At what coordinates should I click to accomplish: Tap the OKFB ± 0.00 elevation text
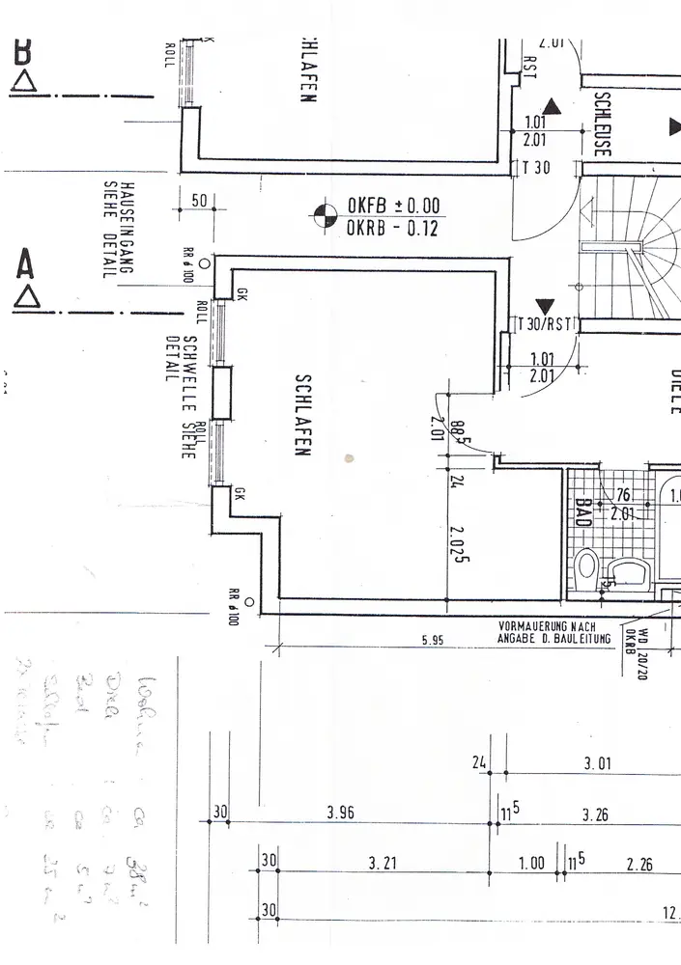pos(393,206)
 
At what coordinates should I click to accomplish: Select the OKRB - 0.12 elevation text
pos(393,229)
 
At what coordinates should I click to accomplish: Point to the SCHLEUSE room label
pos(601,124)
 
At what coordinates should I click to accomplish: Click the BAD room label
pos(582,510)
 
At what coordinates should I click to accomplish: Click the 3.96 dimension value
pos(339,813)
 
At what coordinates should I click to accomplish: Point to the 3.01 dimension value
pos(598,764)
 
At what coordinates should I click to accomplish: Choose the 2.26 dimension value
pos(639,865)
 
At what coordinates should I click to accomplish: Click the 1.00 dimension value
pos(531,864)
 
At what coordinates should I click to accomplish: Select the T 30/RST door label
pos(547,324)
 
